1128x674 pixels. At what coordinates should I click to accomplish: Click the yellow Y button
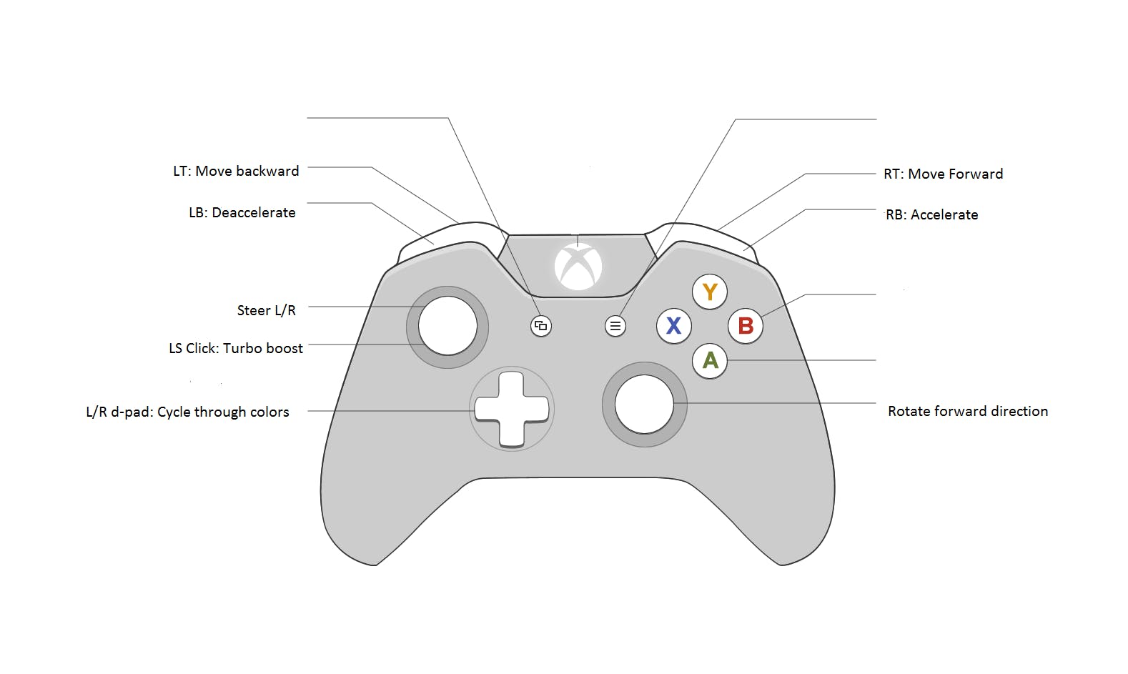coord(709,292)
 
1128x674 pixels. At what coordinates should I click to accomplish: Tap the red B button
coord(745,326)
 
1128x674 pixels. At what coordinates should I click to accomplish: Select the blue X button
coord(673,326)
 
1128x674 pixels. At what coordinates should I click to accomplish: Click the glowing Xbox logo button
coord(578,267)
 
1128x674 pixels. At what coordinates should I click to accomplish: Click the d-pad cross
coord(512,409)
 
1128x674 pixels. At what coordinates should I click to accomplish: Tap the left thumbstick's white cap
coord(447,326)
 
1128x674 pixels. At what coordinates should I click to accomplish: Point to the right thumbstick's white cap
coord(644,404)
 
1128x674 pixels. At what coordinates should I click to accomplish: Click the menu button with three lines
coord(615,326)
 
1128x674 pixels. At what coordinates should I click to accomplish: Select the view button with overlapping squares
coord(541,326)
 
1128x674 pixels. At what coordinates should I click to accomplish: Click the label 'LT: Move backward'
coord(236,172)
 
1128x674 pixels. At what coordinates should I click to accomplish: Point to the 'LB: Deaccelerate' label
coord(242,213)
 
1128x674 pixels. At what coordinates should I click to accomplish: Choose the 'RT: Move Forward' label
coord(943,174)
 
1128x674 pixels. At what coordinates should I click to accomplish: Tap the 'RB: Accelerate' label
coord(931,215)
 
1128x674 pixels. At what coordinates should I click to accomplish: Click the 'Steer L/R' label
coord(266,311)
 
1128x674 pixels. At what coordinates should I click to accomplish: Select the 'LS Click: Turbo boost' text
coord(236,349)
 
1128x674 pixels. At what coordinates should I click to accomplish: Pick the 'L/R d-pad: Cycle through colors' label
coord(187,412)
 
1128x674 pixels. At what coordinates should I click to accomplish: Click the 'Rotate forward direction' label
coord(967,412)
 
